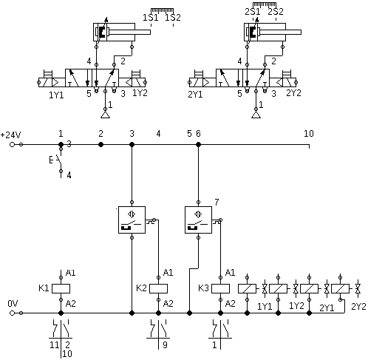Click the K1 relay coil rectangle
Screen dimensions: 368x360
pyautogui.click(x=61, y=288)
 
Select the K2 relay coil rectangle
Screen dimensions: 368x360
pyautogui.click(x=158, y=288)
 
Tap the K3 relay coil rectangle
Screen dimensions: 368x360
pyautogui.click(x=220, y=288)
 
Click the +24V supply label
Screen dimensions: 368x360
pyautogui.click(x=10, y=135)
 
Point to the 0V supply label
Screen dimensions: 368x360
pyautogui.click(x=13, y=304)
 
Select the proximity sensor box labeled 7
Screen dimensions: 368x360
pyautogui.click(x=198, y=220)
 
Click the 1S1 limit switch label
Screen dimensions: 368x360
pyautogui.click(x=151, y=18)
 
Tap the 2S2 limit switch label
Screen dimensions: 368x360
pyautogui.click(x=276, y=12)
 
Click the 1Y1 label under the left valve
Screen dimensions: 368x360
pyautogui.click(x=56, y=95)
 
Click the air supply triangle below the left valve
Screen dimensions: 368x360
pyautogui.click(x=105, y=115)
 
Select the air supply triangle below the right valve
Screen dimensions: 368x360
pyautogui.click(x=256, y=115)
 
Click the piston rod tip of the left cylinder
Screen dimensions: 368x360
pyautogui.click(x=150, y=32)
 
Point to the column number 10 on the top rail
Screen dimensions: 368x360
pyautogui.click(x=309, y=133)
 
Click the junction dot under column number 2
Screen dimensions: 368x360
pyautogui.click(x=100, y=144)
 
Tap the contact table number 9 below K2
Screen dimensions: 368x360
pyautogui.click(x=165, y=345)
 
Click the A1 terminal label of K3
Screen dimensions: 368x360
pyautogui.click(x=231, y=273)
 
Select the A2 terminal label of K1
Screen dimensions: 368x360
pyautogui.click(x=71, y=304)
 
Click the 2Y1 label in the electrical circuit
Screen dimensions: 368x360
pyautogui.click(x=327, y=308)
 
